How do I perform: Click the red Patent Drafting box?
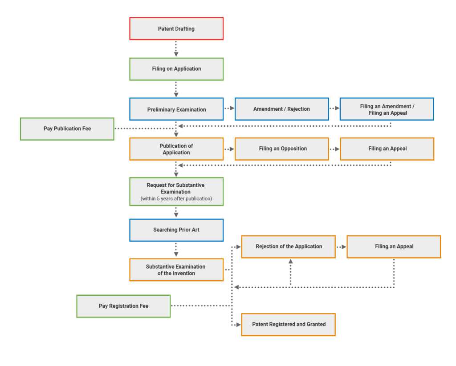click(x=176, y=29)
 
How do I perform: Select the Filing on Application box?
click(x=176, y=69)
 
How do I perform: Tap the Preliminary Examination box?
click(x=176, y=109)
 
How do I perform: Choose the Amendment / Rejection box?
click(x=281, y=109)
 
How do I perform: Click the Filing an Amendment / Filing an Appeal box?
click(x=387, y=109)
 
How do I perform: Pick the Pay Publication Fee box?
click(x=67, y=129)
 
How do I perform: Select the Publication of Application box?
click(x=176, y=149)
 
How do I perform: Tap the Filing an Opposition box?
click(x=281, y=149)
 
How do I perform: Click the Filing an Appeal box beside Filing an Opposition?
click(x=387, y=149)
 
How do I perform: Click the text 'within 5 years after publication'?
click(x=176, y=199)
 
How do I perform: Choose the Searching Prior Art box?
click(x=176, y=230)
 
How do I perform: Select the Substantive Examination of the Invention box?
click(x=176, y=270)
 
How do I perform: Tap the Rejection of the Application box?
click(x=289, y=247)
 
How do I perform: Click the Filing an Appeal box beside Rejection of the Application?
click(x=394, y=247)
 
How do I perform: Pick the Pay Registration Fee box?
click(x=123, y=306)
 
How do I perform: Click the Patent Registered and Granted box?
click(x=289, y=325)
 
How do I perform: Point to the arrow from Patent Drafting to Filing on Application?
click(x=176, y=49)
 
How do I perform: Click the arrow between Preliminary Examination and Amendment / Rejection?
click(x=229, y=109)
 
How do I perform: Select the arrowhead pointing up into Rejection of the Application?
click(x=290, y=262)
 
